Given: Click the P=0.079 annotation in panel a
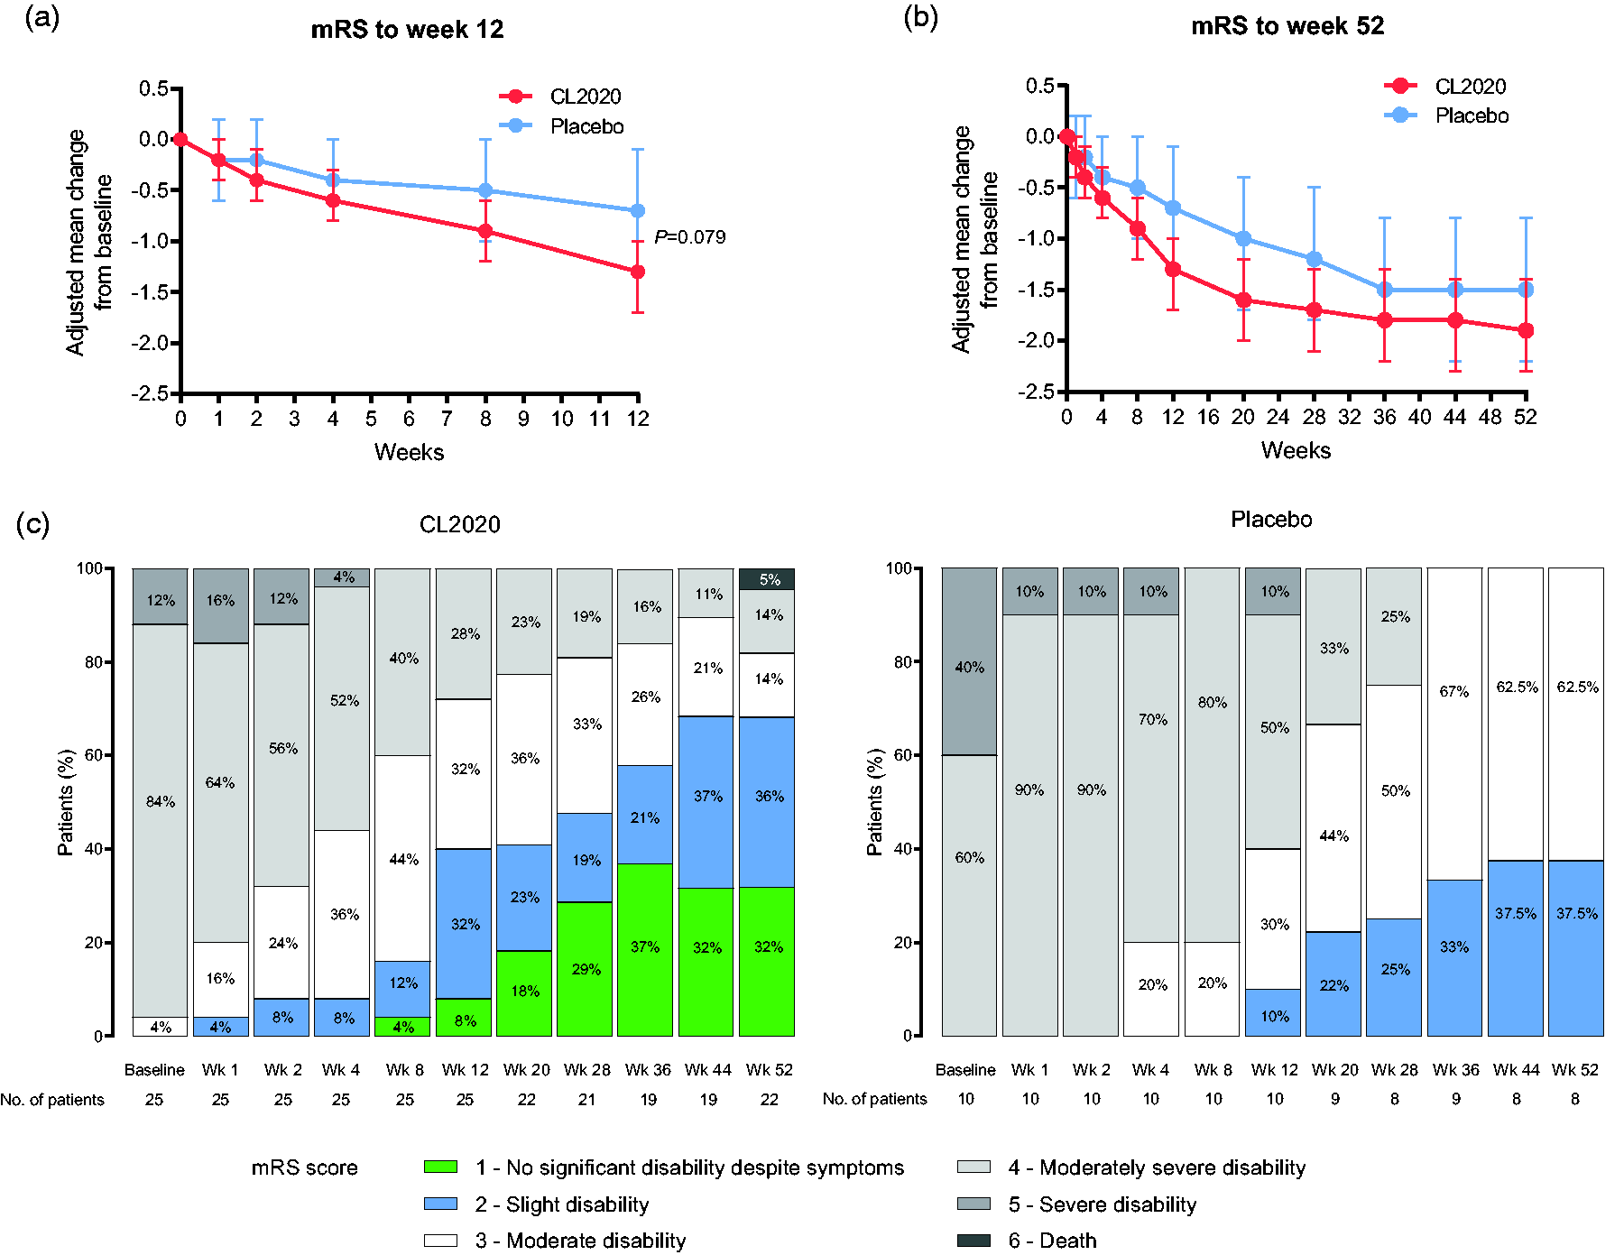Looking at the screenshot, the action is (x=690, y=237).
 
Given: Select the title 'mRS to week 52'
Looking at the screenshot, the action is (x=1287, y=26).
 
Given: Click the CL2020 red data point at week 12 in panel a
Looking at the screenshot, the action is (x=638, y=272).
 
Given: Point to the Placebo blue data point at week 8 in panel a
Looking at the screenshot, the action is (x=485, y=190).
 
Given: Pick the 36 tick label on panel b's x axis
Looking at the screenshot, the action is (x=1384, y=417).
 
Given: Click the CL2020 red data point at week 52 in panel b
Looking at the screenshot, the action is (x=1526, y=331).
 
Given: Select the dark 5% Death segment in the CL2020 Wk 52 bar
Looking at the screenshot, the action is (x=767, y=579).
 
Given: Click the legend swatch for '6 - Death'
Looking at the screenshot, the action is (x=973, y=1241).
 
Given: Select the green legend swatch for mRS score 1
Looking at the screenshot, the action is (x=440, y=1167).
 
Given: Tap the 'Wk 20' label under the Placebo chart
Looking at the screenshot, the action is (x=1334, y=1070).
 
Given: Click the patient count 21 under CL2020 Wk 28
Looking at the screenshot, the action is (x=586, y=1100).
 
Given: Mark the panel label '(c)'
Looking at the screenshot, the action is (x=33, y=524).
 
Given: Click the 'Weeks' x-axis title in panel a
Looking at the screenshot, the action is (x=410, y=452).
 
